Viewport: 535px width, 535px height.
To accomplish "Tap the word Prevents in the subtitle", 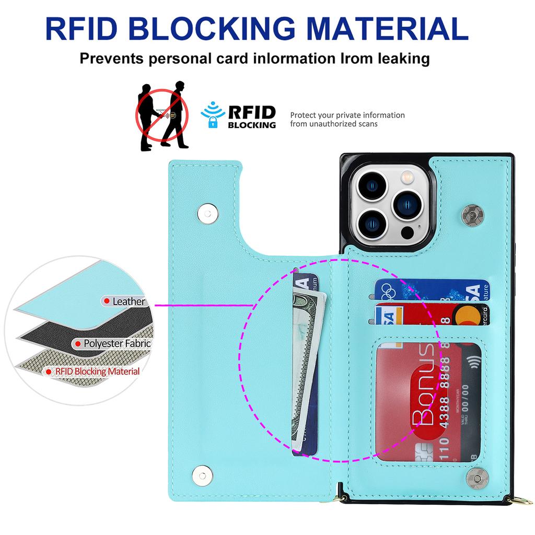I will tap(111, 58).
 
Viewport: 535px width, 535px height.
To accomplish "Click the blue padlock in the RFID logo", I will tap(213, 122).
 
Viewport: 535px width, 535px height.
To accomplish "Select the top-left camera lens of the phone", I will tap(374, 184).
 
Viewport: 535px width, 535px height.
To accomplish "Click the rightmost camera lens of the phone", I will tap(409, 203).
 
